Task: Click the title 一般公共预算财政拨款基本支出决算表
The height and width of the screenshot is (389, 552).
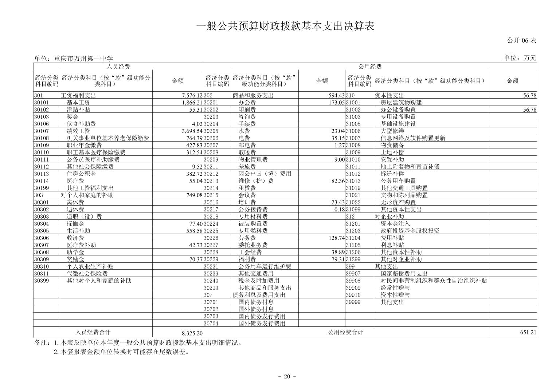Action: click(285, 26)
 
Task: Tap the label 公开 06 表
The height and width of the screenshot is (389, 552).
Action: click(521, 40)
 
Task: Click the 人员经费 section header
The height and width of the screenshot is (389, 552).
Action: click(118, 67)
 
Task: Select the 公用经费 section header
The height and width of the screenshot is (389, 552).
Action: click(369, 67)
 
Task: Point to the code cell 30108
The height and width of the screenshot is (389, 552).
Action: click(42, 138)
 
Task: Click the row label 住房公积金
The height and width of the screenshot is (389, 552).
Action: click(81, 174)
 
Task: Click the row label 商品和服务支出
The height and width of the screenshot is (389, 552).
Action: click(253, 95)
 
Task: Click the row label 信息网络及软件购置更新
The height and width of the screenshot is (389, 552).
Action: click(413, 138)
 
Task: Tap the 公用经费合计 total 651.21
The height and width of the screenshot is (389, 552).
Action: click(528, 332)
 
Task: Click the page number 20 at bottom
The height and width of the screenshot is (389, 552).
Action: click(287, 376)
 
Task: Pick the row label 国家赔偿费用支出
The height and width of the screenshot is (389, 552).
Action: click(404, 274)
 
